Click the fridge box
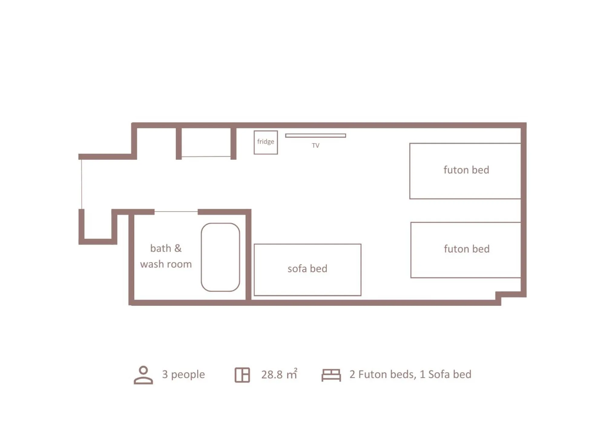[265, 142]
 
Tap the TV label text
[315, 146]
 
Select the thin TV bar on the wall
[315, 136]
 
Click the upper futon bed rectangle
[465, 171]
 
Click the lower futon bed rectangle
[465, 250]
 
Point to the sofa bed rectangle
[307, 269]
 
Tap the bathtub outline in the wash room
[220, 257]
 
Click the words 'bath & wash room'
[166, 256]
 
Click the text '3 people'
[183, 374]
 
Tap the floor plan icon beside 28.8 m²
[242, 375]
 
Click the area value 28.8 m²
[279, 374]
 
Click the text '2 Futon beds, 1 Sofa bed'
[410, 374]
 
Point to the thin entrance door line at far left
[81, 184]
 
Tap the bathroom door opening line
[176, 211]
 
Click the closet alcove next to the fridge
[206, 142]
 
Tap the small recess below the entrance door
[98, 226]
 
